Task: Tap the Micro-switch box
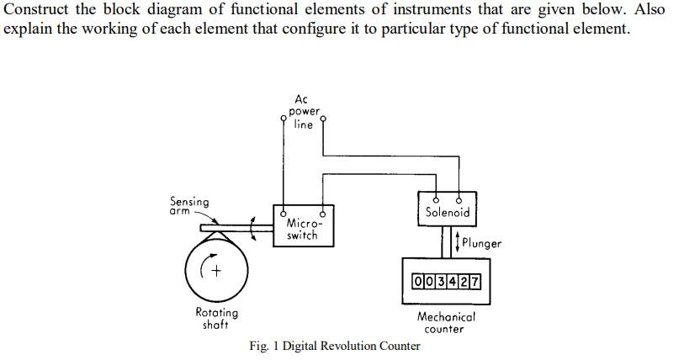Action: (302, 225)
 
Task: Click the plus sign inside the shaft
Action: (216, 270)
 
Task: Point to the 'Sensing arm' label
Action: (189, 205)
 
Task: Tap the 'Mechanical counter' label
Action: (446, 323)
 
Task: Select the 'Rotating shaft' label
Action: (216, 318)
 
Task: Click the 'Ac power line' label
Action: (303, 112)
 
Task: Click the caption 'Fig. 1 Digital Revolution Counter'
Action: (334, 346)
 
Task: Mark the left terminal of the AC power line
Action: (283, 119)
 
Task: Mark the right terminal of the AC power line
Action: (323, 119)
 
